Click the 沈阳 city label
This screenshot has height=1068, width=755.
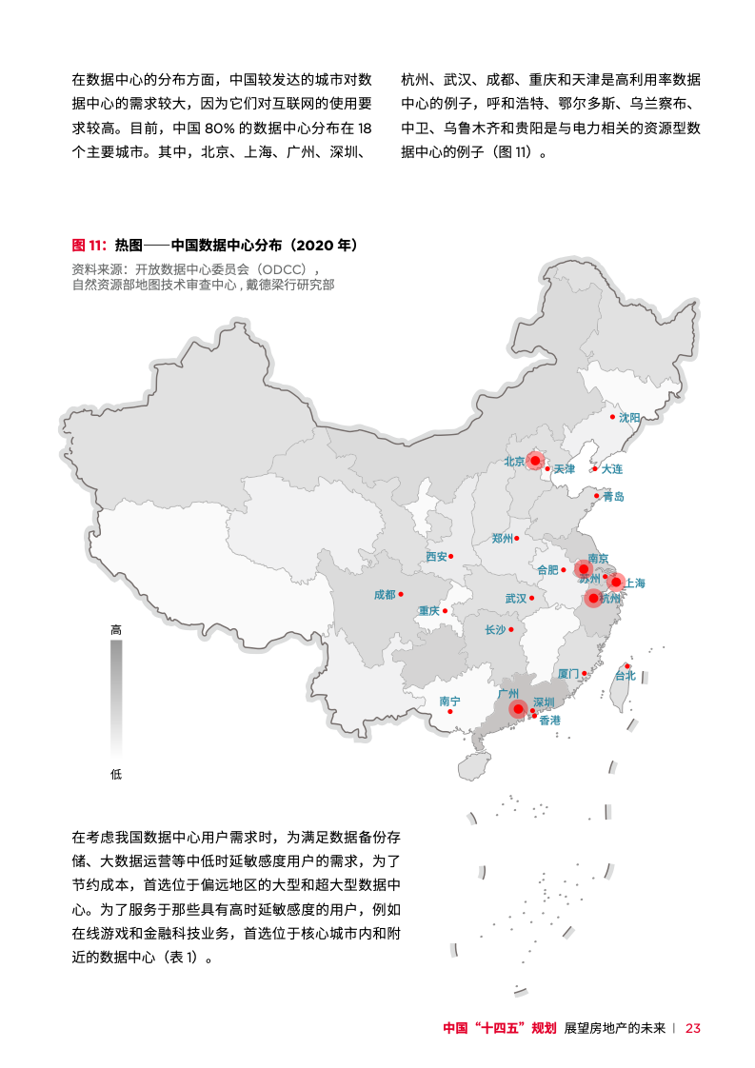(x=629, y=417)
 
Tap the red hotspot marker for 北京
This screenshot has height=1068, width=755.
(x=535, y=461)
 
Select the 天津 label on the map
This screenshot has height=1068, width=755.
(x=565, y=469)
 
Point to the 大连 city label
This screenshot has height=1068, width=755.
(x=611, y=469)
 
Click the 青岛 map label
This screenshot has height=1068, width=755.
(x=613, y=497)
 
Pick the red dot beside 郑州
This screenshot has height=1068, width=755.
(x=517, y=539)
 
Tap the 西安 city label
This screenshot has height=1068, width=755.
(x=436, y=557)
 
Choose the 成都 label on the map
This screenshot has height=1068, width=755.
(x=385, y=595)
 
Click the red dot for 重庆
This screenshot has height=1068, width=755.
(x=445, y=610)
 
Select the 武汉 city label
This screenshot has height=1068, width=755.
(x=515, y=599)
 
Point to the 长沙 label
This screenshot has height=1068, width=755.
(x=495, y=629)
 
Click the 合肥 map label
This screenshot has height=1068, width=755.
(x=547, y=570)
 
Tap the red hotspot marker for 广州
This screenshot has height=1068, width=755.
(x=518, y=708)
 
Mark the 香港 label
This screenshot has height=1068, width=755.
(x=549, y=721)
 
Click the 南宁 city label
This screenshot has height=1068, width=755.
(x=450, y=701)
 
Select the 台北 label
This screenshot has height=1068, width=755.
(x=625, y=676)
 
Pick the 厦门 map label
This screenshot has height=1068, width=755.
(x=567, y=673)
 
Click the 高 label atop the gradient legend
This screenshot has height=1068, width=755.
(x=116, y=630)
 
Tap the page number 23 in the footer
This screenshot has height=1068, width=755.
(x=693, y=1028)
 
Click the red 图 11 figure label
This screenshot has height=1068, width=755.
(x=89, y=245)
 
